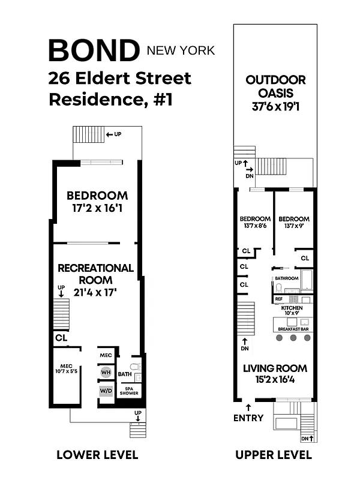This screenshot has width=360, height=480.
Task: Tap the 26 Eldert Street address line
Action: tap(120, 79)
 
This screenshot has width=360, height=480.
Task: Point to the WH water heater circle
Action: tap(106, 372)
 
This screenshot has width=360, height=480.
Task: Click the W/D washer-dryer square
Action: tap(106, 391)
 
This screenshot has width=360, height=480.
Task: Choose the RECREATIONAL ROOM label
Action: tap(95, 274)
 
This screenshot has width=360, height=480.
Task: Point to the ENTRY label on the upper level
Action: tap(248, 418)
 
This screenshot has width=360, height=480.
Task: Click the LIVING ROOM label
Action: tap(275, 368)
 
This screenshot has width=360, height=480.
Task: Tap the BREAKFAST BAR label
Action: tap(293, 329)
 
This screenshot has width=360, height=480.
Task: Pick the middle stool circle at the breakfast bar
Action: tap(293, 338)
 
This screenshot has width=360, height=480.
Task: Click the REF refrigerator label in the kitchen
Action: tap(278, 299)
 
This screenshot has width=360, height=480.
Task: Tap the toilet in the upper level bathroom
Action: tap(278, 288)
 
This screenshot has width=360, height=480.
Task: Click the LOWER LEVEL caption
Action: tap(97, 455)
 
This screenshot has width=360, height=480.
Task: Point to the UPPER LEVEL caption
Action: tap(274, 455)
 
